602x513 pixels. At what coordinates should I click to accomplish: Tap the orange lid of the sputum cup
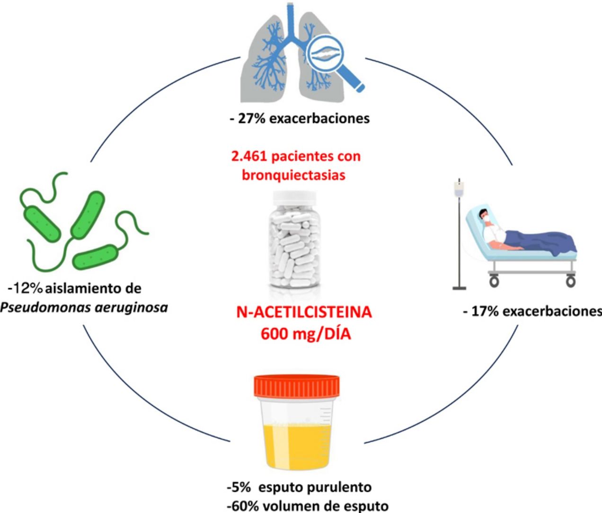pos(297,385)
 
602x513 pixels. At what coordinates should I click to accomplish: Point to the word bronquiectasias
pos(293,175)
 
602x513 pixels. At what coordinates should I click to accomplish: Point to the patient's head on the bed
pos(484,215)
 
